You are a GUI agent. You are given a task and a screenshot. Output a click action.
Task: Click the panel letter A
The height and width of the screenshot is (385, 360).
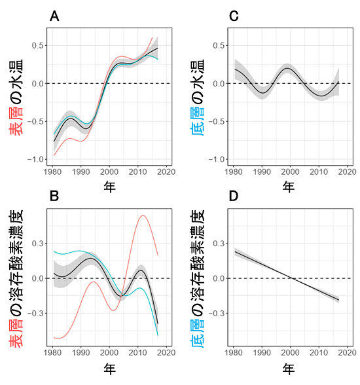[x=55, y=18]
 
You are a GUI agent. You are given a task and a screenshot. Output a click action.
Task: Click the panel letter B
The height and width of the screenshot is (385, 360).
[x=55, y=196]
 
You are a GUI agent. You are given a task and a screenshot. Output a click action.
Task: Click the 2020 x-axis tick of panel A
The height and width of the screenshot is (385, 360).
[x=166, y=172]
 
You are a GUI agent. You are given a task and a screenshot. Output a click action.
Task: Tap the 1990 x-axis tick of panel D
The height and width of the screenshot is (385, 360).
[x=262, y=351]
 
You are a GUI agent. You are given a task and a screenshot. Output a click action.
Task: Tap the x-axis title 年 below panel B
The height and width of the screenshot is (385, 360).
[x=110, y=369]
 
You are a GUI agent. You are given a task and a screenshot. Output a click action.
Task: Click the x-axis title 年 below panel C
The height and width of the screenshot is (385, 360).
[x=289, y=187]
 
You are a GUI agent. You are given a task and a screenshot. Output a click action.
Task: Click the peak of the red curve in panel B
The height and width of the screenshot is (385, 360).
[x=142, y=215]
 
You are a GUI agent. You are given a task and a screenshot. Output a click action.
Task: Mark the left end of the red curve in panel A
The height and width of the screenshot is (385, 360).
[x=54, y=155]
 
